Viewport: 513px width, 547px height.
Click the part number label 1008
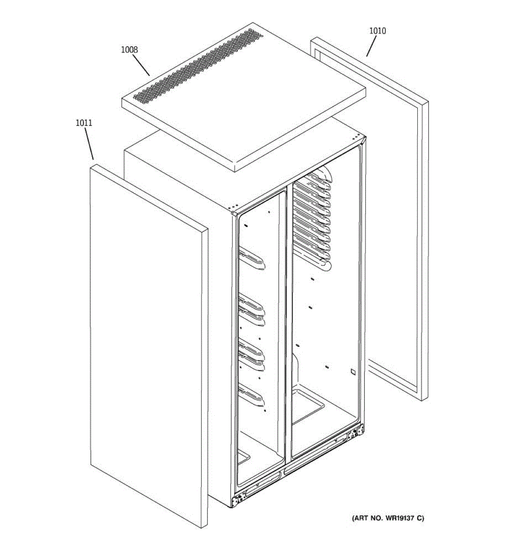[x=130, y=50]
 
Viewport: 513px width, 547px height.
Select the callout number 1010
[x=378, y=31]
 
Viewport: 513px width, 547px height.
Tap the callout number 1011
[x=84, y=123]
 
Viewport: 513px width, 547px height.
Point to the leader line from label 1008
[x=141, y=65]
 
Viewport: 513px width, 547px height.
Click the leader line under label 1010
[x=371, y=46]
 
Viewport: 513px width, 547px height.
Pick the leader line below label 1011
[x=89, y=144]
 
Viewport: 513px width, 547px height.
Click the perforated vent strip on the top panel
[x=198, y=66]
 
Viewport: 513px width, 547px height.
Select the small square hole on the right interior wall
[x=353, y=372]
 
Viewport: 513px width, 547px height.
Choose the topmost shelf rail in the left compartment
[x=251, y=258]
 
